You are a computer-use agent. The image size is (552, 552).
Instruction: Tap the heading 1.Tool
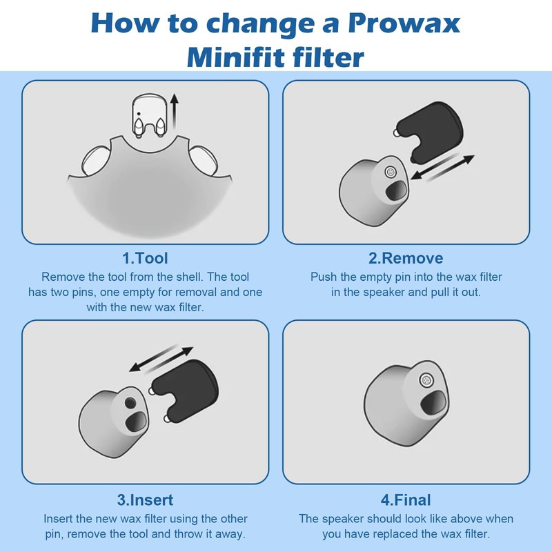[x=145, y=258]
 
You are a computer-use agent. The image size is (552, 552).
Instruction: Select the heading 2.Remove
[x=406, y=258]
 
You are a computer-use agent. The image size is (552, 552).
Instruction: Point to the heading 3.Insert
[x=145, y=500]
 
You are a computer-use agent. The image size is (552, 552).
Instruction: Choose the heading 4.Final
[x=406, y=500]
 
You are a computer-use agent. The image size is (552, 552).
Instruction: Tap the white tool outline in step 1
[x=150, y=116]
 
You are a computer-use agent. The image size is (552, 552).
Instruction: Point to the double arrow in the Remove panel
[x=442, y=168]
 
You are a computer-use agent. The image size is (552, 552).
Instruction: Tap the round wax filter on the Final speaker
[x=426, y=378]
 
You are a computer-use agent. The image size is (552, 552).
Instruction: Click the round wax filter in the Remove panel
[x=390, y=172]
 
